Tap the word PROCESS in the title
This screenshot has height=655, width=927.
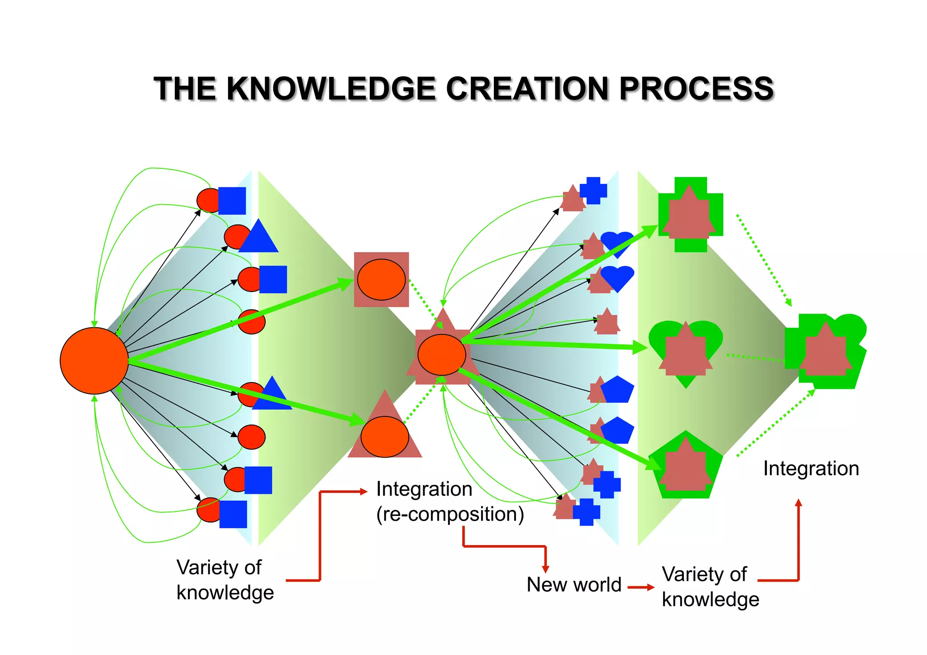pos(696,88)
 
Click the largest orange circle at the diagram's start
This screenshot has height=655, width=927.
pos(94,361)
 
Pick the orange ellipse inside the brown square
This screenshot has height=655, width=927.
pos(381,280)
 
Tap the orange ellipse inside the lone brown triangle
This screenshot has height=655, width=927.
pos(385,437)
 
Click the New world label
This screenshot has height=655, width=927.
pos(573,584)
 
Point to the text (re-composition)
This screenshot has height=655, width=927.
pos(450,514)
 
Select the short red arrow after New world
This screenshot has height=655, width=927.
pos(641,587)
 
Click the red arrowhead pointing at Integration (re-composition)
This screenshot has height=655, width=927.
pos(363,492)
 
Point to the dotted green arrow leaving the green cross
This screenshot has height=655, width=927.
pos(764,260)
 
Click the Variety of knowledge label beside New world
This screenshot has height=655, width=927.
pos(710,587)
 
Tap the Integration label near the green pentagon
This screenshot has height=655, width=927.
pos(811,469)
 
